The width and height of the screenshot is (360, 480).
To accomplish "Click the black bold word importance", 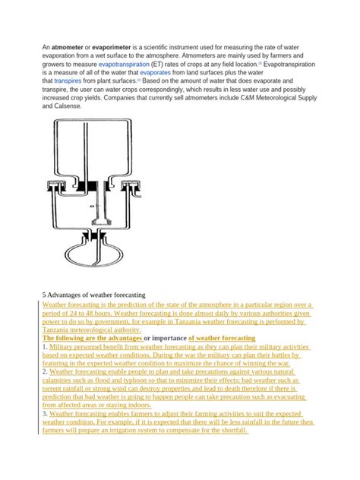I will coord(166,338).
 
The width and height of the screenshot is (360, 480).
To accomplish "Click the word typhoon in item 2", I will coord(112,381).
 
